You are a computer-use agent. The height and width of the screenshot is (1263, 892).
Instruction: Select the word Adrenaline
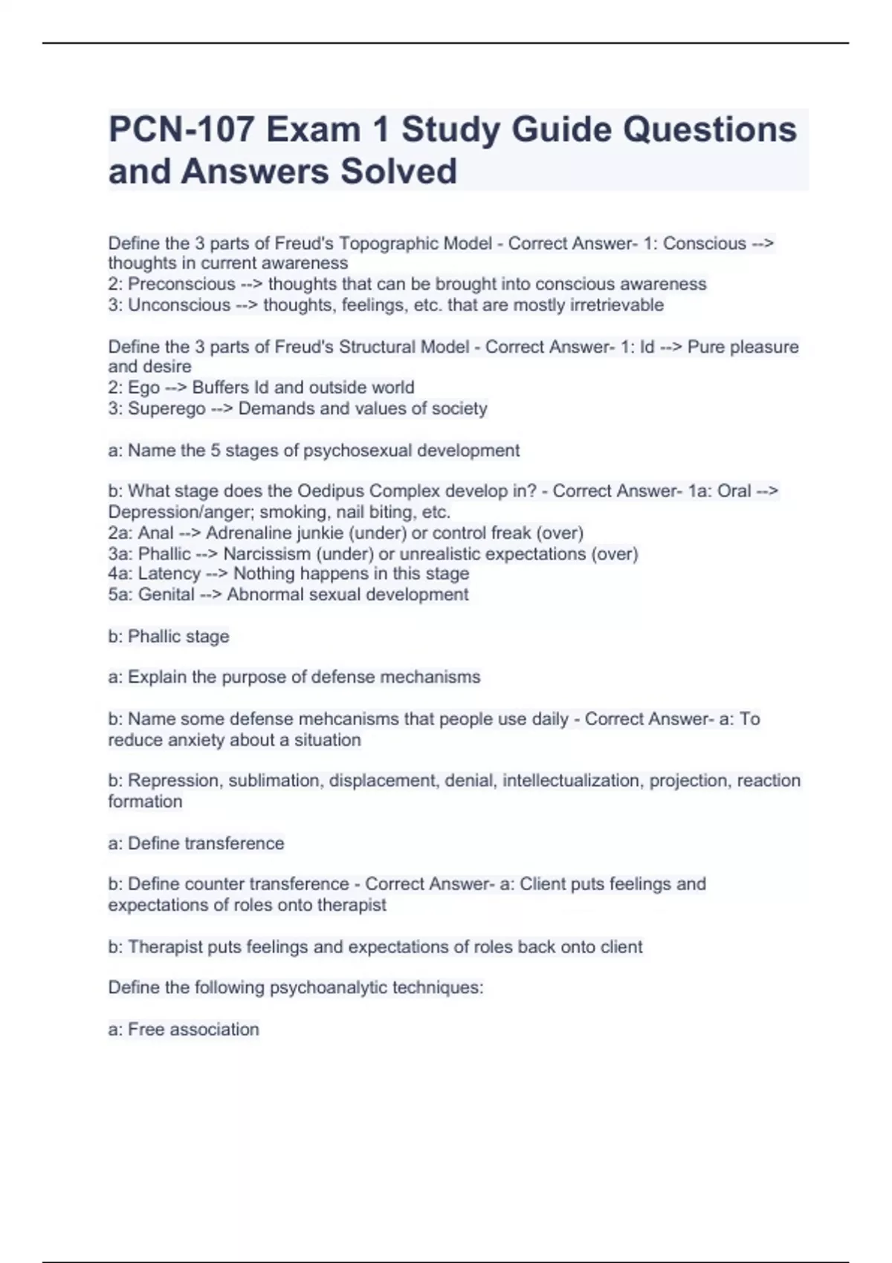pos(250,533)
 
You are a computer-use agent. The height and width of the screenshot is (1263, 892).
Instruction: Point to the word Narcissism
pos(267,554)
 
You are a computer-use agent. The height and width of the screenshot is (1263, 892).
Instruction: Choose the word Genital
pos(166,595)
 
